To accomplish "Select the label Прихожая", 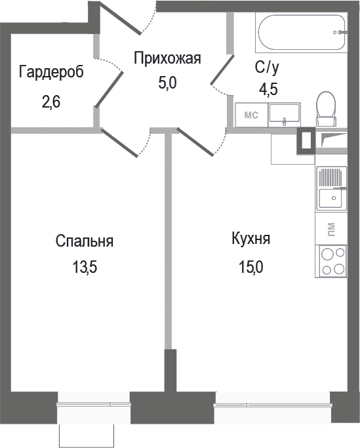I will (167, 59).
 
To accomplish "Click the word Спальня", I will (85, 241).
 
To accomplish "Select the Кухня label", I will (250, 239).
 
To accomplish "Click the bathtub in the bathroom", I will (300, 33).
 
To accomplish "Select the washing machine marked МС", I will (251, 115).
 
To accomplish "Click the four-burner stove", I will (331, 261).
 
